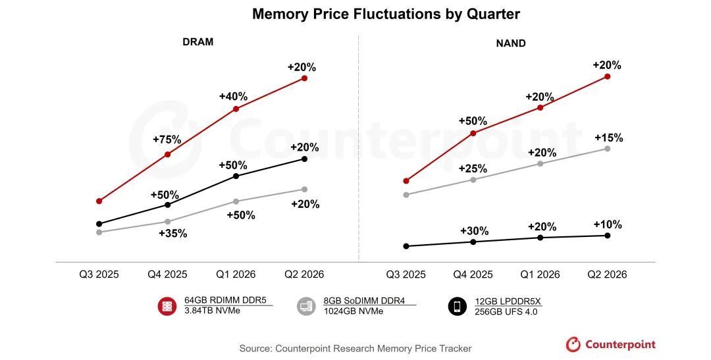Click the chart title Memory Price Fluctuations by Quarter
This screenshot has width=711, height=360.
click(x=386, y=14)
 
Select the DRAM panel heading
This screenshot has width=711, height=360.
click(x=197, y=42)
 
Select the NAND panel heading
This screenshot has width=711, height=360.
click(x=510, y=44)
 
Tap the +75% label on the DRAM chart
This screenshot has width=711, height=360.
click(x=167, y=140)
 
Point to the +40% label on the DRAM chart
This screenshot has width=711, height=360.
click(x=233, y=97)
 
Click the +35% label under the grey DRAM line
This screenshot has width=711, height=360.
click(x=173, y=233)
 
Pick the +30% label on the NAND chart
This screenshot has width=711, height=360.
click(x=474, y=231)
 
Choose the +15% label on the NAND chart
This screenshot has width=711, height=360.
click(x=608, y=138)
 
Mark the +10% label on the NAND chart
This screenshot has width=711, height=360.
click(x=607, y=224)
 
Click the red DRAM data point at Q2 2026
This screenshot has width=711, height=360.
click(x=304, y=78)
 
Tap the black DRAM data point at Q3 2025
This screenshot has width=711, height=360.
click(x=99, y=224)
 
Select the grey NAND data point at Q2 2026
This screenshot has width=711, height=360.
click(x=607, y=149)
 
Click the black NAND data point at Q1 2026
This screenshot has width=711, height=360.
click(x=540, y=238)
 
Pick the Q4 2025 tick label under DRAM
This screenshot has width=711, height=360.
click(x=167, y=274)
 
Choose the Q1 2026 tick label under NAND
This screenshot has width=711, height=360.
click(x=540, y=274)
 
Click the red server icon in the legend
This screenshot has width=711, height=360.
click(x=167, y=306)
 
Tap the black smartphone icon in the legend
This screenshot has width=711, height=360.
click(x=458, y=306)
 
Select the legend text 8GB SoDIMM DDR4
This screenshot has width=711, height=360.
click(x=361, y=301)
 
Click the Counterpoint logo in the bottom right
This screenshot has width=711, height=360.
click(x=610, y=344)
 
